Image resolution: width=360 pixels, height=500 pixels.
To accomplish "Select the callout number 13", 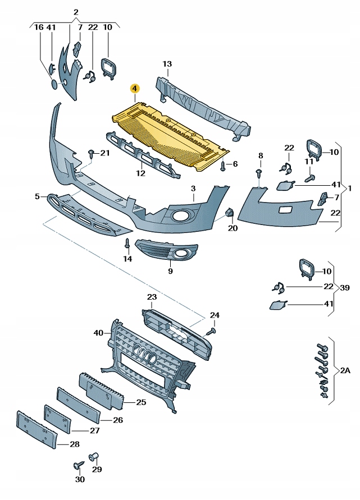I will point(167,64).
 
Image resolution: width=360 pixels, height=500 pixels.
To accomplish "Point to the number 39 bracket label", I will point(344,288).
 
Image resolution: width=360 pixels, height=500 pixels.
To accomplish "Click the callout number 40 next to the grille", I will point(99,333).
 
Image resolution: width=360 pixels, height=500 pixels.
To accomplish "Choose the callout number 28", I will point(75,444).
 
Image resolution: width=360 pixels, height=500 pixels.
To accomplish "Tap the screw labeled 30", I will point(78,466).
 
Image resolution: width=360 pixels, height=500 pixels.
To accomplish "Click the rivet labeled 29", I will point(94,456).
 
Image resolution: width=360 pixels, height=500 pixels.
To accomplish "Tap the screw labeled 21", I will point(90,153).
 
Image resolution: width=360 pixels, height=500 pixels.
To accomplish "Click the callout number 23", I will point(152,296).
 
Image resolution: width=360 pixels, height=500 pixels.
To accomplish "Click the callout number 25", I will point(140,402).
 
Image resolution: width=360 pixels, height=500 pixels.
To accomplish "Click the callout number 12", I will point(140,173).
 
